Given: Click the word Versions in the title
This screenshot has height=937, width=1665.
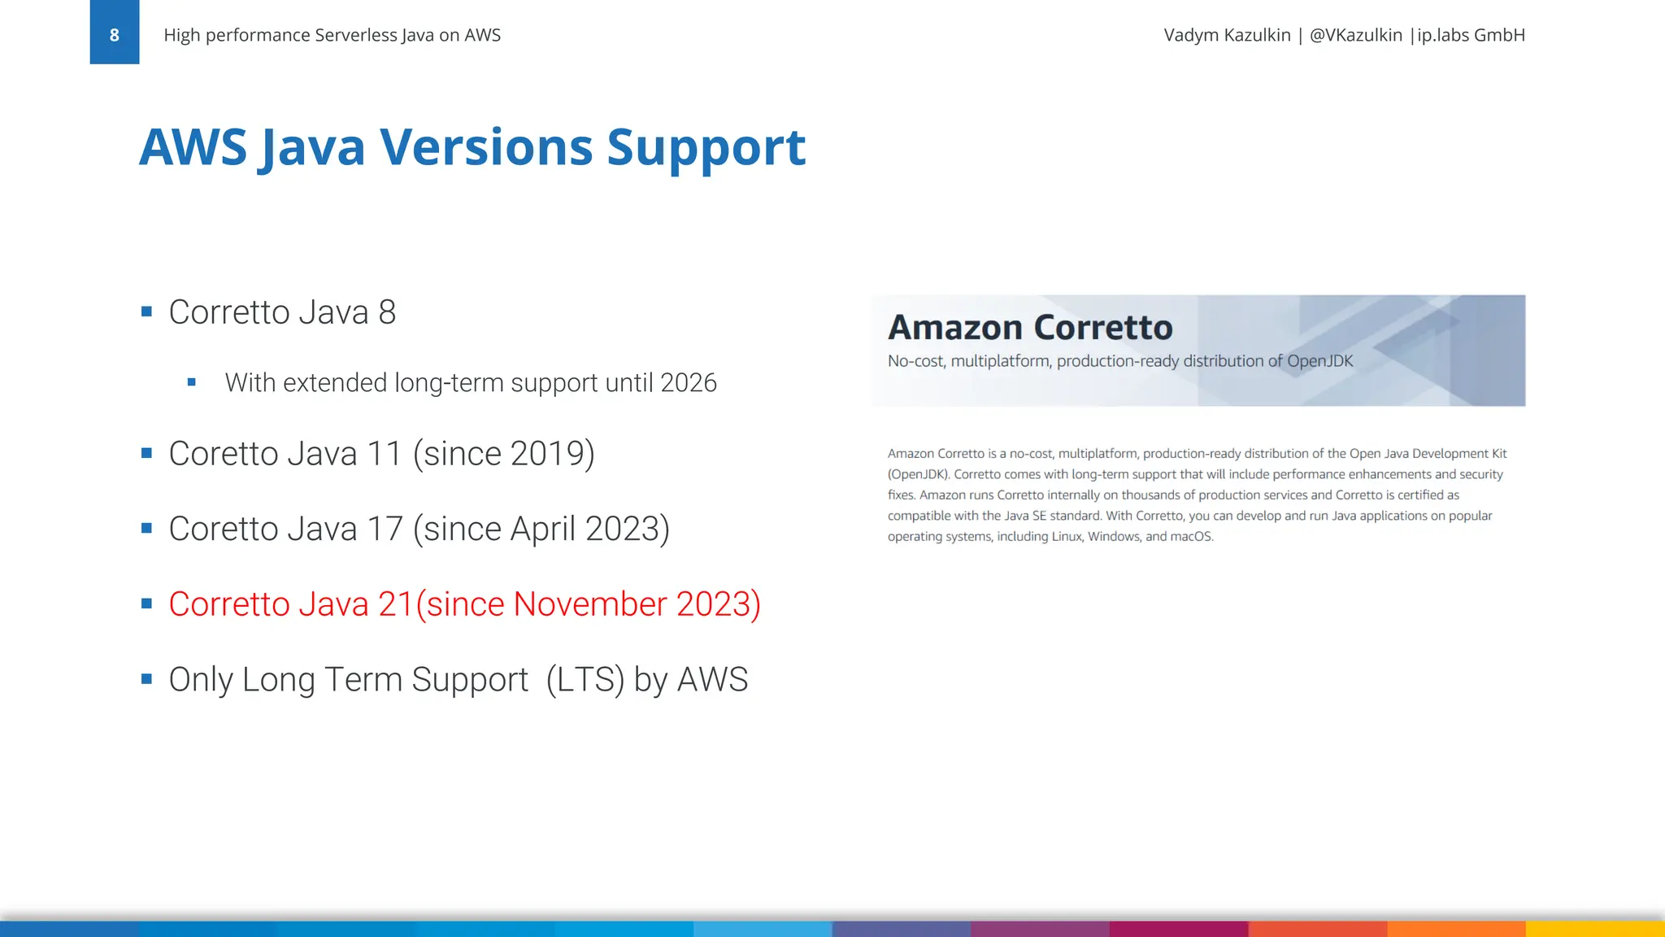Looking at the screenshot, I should click(x=486, y=147).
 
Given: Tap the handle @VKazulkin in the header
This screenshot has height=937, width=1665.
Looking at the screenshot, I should click(x=1355, y=35).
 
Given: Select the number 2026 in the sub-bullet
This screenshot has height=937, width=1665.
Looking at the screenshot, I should click(x=688, y=382).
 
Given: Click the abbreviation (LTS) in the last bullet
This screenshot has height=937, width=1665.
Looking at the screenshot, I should click(x=585, y=680).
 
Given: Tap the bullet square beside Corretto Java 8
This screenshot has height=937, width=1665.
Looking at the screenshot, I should click(x=146, y=312).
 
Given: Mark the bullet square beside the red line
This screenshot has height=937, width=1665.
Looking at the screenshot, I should click(x=146, y=604).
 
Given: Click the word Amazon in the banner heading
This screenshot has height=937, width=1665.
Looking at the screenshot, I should click(x=954, y=327).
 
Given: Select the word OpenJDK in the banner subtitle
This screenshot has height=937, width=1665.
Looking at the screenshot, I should click(x=1320, y=361).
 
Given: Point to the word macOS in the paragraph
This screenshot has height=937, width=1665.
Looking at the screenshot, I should click(x=1191, y=537).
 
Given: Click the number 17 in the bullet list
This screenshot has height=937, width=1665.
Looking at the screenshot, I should click(x=385, y=530).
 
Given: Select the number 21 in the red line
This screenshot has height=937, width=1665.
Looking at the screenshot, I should click(x=396, y=604).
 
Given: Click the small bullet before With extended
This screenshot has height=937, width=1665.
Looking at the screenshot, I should click(x=192, y=382).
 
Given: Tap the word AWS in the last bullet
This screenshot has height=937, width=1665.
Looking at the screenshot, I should click(x=712, y=680).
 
